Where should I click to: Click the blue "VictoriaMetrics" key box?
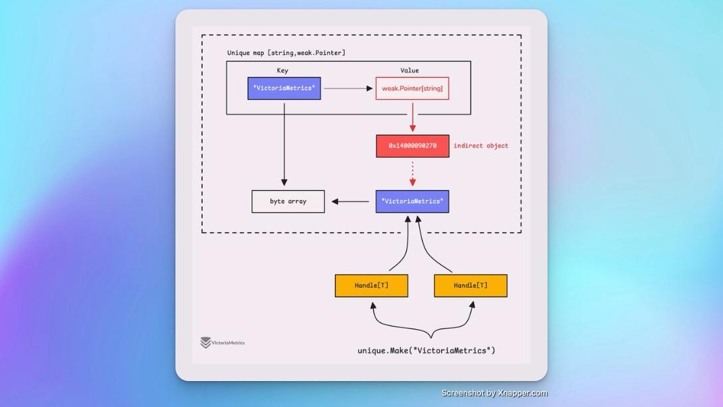284,88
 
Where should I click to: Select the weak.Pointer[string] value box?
412,88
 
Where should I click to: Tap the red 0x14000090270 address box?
412,146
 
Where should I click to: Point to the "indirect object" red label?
480,146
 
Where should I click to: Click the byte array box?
288,202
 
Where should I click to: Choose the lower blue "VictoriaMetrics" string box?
412,202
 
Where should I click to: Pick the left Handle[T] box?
371,285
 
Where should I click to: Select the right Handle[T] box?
470,285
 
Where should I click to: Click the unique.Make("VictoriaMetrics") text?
426,350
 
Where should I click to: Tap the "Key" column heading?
282,70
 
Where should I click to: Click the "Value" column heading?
409,70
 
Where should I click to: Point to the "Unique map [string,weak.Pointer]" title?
286,53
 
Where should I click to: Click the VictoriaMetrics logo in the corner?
223,342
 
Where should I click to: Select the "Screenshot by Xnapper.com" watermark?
494,393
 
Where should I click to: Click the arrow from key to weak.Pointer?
348,88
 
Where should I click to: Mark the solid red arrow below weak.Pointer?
413,118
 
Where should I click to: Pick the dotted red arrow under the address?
413,174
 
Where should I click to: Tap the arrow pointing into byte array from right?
350,202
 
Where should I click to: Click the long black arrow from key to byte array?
284,143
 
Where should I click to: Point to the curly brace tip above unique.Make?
431,336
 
